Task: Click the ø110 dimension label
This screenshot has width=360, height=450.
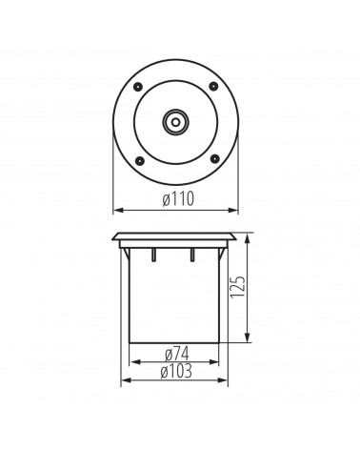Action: point(178,199)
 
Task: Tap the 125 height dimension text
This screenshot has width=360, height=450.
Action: point(238,287)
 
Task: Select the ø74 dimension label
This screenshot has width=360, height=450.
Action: point(177,354)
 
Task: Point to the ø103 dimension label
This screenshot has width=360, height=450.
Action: point(176,371)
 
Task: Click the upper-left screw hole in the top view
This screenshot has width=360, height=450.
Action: point(138,86)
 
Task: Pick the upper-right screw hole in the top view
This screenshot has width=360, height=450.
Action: point(213,86)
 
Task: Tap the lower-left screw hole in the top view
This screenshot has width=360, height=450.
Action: point(139,161)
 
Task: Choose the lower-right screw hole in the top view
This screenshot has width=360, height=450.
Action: point(214,158)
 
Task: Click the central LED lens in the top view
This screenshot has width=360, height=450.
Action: point(175,121)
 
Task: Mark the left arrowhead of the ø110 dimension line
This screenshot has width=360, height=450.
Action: point(118,210)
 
